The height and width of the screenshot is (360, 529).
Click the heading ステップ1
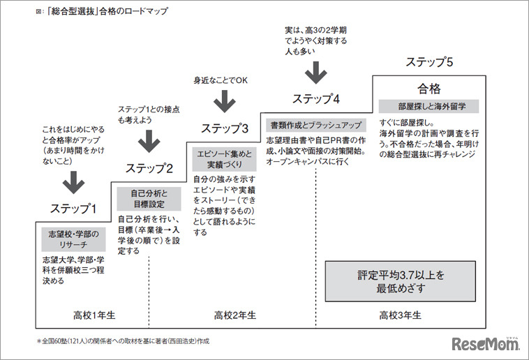[x=73, y=209]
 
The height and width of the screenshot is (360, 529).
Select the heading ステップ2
[x=149, y=168]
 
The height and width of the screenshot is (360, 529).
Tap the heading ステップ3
[x=225, y=128]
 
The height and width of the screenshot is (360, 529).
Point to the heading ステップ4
[x=316, y=98]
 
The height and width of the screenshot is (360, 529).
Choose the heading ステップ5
[x=429, y=62]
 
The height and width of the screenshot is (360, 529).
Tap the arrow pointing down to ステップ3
[x=224, y=102]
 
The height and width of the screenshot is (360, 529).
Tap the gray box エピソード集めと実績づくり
[x=222, y=159]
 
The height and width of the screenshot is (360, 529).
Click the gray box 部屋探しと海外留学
[x=428, y=107]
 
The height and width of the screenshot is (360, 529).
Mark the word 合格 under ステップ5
[x=429, y=89]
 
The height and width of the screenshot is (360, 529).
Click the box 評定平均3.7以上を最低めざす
[x=401, y=280]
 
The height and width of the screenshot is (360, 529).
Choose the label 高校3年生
[x=400, y=315]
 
